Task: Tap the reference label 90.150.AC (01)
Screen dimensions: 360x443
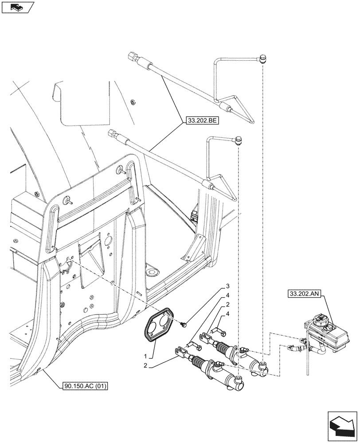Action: tap(82, 385)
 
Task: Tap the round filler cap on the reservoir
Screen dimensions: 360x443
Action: tap(321, 319)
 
